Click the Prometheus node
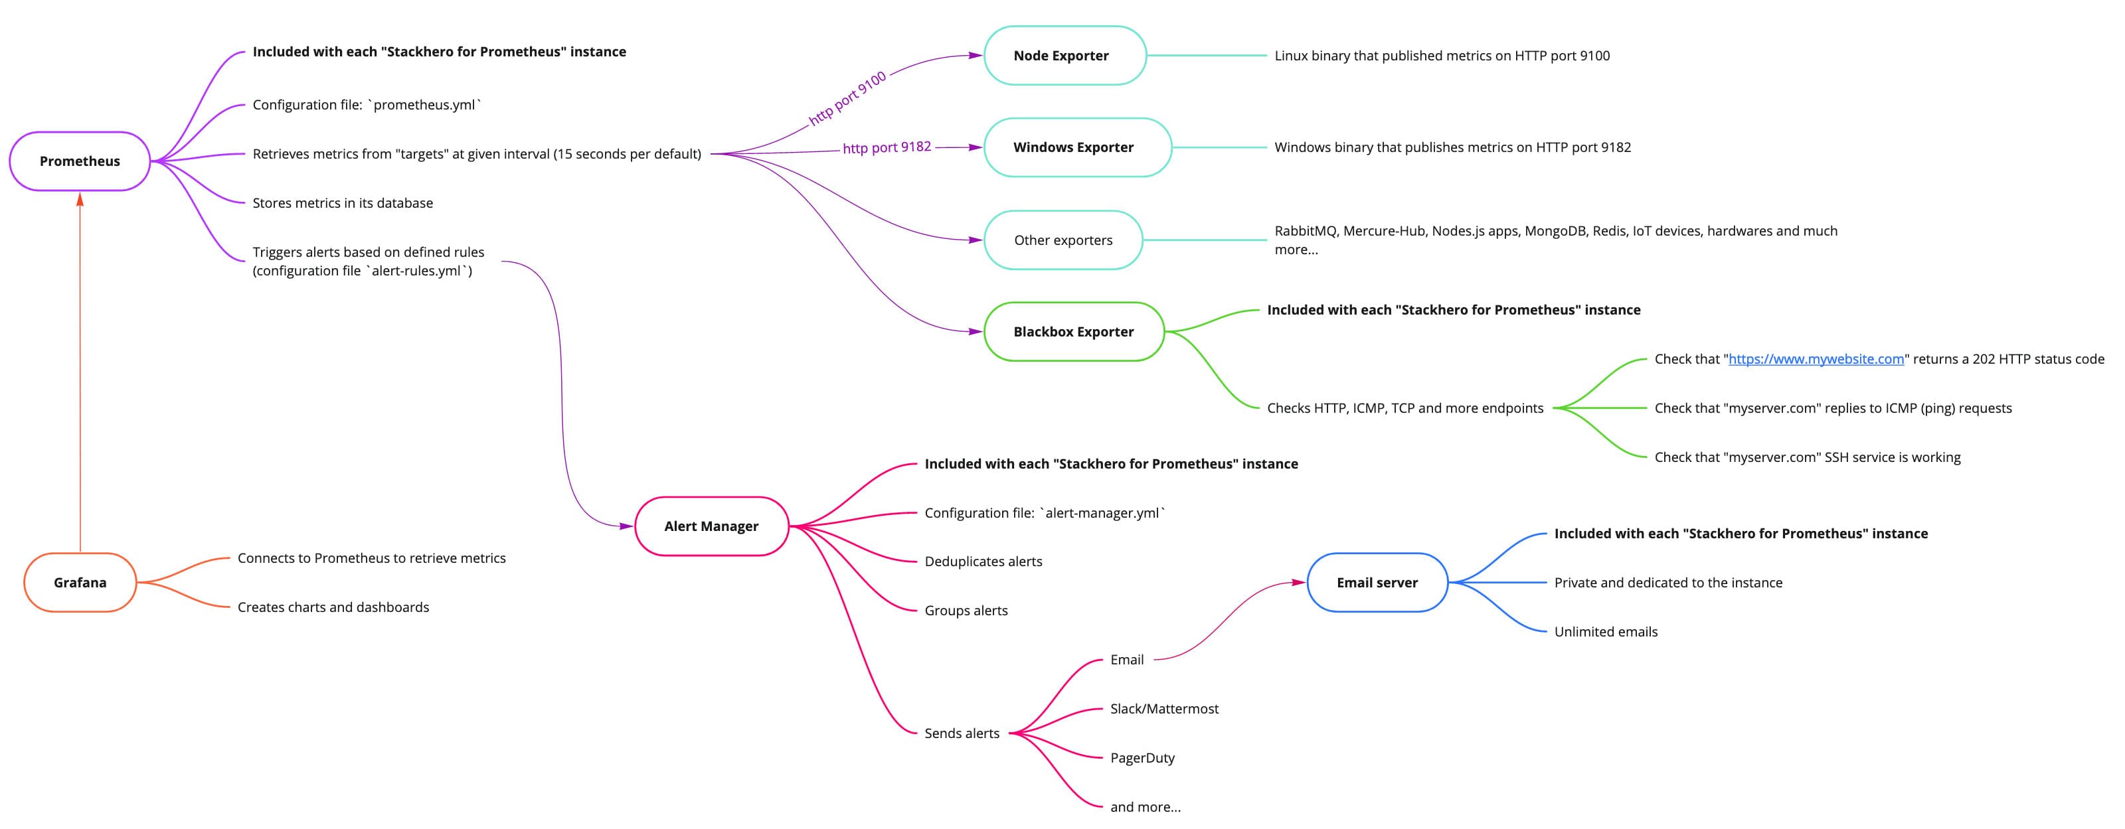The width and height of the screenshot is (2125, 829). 80,161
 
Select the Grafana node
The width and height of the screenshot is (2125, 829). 80,582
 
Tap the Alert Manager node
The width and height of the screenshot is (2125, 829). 711,526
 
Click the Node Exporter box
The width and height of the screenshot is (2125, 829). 1064,55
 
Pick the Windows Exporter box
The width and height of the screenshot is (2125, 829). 1076,147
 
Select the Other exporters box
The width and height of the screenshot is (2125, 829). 1062,240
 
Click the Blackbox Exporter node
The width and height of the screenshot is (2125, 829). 1073,332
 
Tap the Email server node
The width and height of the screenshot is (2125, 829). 1377,582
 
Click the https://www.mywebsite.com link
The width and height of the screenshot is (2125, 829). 1816,359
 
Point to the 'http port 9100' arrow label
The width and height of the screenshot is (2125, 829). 847,98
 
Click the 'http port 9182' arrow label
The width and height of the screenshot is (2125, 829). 887,147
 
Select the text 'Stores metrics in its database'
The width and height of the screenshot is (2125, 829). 343,203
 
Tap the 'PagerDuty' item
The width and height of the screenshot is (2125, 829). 1142,758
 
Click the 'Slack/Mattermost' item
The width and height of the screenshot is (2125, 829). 1164,709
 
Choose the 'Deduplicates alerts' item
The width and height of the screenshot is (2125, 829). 983,562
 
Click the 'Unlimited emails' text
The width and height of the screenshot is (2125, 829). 1605,632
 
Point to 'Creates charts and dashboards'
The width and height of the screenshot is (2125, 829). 333,607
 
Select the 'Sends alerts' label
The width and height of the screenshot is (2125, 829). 962,733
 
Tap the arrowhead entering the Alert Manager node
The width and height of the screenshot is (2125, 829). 626,526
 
